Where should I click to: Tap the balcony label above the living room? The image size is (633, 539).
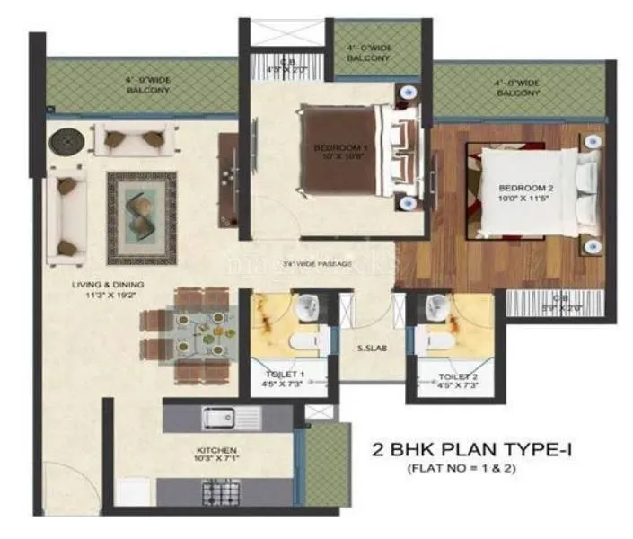[x=150, y=84]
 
